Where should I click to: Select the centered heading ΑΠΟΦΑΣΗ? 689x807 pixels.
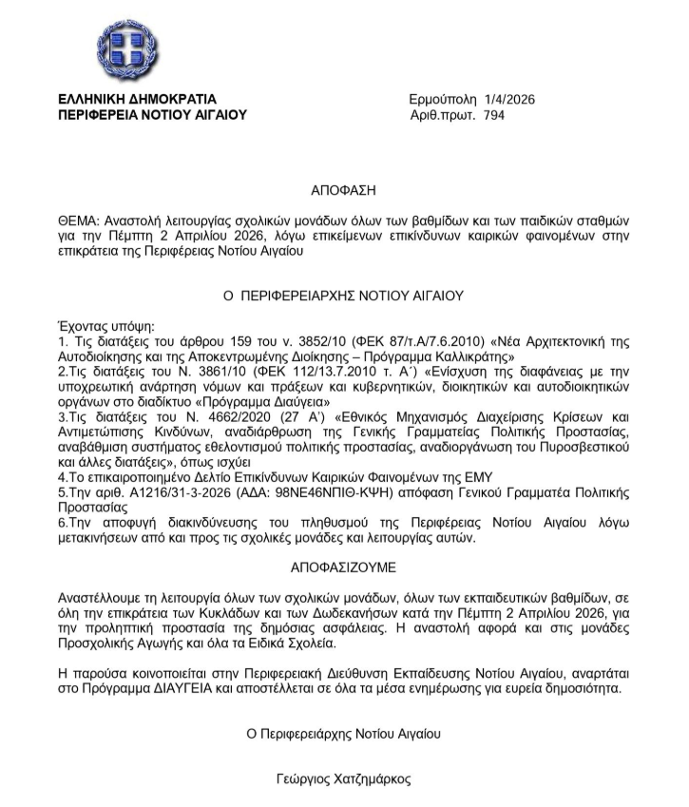[343, 191]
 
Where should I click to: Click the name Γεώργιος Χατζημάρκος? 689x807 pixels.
[343, 778]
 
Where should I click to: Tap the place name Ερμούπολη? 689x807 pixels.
[443, 99]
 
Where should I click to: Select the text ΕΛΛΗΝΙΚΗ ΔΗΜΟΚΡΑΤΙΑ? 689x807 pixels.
[137, 99]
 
